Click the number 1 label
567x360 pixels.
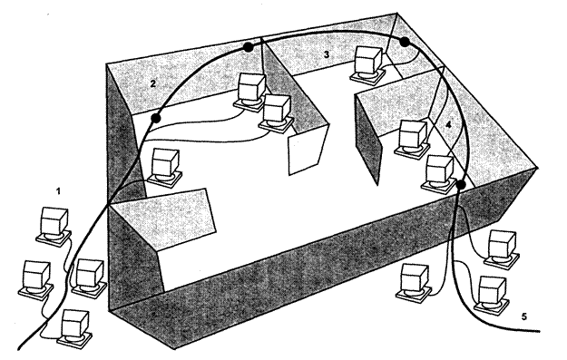coord(59,191)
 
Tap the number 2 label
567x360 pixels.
coord(153,83)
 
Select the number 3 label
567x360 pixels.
coord(327,54)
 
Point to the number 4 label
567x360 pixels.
coord(448,125)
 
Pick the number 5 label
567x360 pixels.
coord(524,316)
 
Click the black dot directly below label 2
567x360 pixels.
coord(156,118)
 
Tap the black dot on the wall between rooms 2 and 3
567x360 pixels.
coord(248,47)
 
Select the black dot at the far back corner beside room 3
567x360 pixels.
coord(405,42)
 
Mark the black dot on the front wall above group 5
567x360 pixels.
coord(460,184)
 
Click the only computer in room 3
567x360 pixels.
coord(367,63)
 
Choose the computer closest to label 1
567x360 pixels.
coord(54,226)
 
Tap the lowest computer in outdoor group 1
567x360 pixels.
coord(74,329)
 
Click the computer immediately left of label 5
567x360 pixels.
coord(491,295)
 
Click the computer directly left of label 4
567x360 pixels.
coord(413,139)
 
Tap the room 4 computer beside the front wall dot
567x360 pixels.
coord(439,174)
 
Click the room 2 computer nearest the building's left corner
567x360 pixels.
coord(165,168)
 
